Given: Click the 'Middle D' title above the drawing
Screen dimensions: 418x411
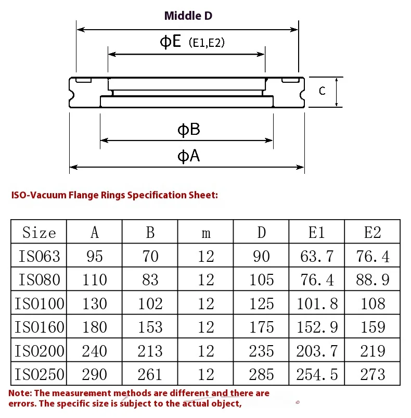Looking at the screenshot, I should (x=188, y=16).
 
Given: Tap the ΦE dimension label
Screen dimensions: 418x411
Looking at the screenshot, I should (x=170, y=42).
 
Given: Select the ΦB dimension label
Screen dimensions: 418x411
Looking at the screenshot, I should (x=188, y=130).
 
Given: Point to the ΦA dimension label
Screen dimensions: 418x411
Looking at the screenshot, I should (x=188, y=156).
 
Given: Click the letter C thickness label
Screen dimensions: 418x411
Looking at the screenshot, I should (x=322, y=91).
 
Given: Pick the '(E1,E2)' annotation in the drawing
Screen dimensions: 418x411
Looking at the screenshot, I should (x=207, y=43).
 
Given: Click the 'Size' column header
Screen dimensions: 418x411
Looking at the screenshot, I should (x=39, y=233).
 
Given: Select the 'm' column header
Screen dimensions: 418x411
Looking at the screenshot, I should (x=206, y=233).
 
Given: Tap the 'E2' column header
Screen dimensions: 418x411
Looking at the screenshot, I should (x=373, y=233).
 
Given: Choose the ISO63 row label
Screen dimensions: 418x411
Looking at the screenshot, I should (x=39, y=256).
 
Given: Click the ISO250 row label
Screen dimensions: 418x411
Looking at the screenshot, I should (x=39, y=374).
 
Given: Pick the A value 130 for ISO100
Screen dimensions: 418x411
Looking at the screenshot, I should (x=94, y=303).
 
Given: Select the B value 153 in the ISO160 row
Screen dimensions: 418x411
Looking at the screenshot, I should (x=150, y=327).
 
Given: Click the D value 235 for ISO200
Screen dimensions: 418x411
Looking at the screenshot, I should (x=261, y=351).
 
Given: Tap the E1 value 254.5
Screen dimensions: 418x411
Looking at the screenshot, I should (x=317, y=374).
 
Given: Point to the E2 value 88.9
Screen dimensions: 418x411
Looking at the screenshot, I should (x=373, y=280).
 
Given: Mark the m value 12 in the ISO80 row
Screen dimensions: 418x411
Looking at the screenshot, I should (x=206, y=280).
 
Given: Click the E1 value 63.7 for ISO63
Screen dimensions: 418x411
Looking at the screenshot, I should (x=317, y=256).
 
